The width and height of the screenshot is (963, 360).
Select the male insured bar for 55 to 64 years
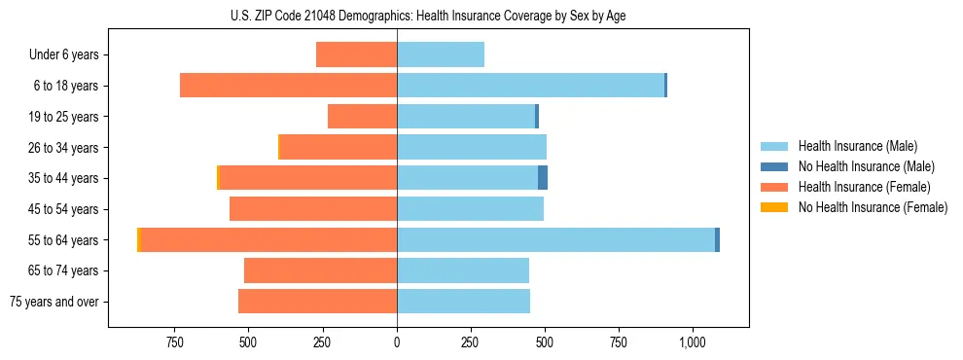tap(555, 239)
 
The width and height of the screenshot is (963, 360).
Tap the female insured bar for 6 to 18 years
tap(288, 86)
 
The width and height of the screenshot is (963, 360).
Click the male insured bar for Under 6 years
tap(440, 54)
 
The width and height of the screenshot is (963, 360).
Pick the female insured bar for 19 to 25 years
tap(362, 117)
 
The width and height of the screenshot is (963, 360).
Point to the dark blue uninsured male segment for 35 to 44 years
tap(543, 178)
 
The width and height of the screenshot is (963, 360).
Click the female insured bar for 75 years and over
tap(317, 302)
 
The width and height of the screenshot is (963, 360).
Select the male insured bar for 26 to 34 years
tap(471, 147)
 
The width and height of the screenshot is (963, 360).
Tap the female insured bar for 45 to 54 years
tap(312, 209)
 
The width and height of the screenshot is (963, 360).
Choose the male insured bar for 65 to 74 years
tap(463, 270)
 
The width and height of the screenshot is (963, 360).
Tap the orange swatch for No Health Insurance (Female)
tap(773, 207)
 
